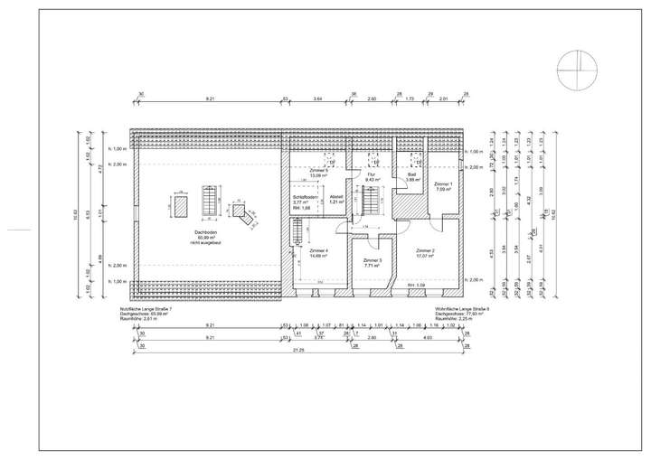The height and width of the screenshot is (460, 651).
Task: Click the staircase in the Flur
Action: [369, 206]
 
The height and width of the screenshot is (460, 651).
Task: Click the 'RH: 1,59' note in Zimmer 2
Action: [417, 286]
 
